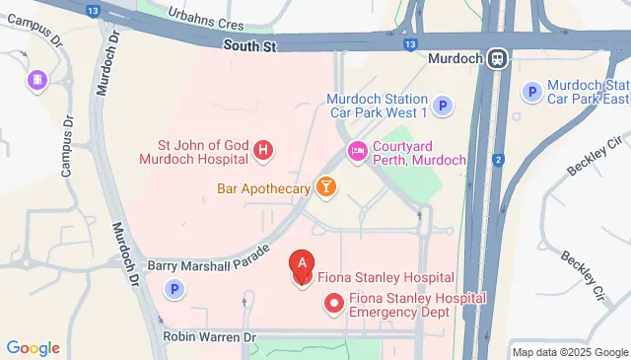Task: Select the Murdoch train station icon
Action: click(x=495, y=58)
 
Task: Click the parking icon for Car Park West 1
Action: click(x=444, y=106)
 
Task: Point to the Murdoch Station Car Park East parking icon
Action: click(x=533, y=92)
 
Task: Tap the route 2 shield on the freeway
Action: click(x=499, y=159)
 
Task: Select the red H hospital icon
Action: click(x=263, y=151)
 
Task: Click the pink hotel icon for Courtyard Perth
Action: click(x=356, y=151)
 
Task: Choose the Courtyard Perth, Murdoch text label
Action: click(x=410, y=151)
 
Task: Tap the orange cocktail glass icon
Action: click(x=325, y=186)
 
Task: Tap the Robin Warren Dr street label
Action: click(x=210, y=337)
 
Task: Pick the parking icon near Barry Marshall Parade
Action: click(x=175, y=289)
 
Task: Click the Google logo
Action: click(x=33, y=348)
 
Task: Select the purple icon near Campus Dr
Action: click(x=37, y=80)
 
